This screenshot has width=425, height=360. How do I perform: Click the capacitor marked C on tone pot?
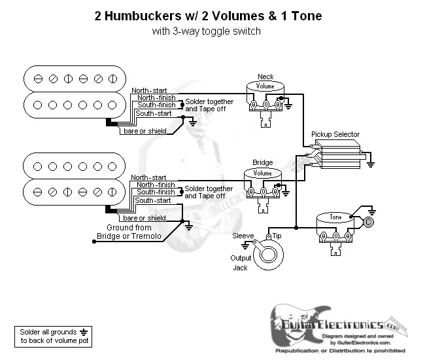point(368,223)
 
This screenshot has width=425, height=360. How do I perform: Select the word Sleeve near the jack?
point(243,235)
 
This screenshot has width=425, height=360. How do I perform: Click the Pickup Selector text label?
point(335,135)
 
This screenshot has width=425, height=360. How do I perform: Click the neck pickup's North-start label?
point(148,90)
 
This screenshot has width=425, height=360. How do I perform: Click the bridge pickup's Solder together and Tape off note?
point(209,192)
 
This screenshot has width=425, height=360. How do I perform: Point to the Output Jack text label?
point(240,262)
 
